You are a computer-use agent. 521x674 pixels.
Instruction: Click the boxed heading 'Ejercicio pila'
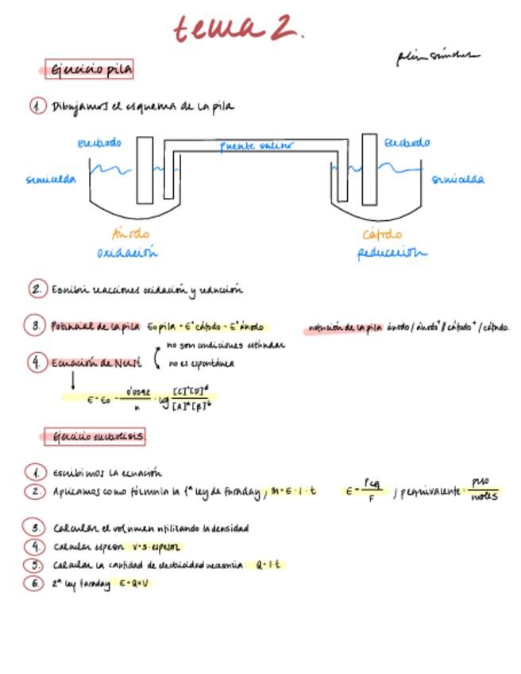(91, 70)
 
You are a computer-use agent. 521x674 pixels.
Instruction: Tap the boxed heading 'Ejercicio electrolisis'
(95, 436)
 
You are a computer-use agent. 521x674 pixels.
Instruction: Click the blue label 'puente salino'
(256, 146)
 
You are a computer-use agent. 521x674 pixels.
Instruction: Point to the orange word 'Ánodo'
(130, 234)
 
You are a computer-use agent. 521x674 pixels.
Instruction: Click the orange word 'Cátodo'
(382, 234)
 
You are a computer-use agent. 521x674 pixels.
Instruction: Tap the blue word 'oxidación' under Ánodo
(127, 253)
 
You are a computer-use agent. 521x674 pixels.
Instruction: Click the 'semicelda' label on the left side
(51, 180)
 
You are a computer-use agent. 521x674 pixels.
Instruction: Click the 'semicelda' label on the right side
(458, 180)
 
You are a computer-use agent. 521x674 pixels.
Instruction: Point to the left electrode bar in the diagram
(145, 170)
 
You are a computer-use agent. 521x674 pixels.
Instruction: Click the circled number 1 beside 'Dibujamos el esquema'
(37, 106)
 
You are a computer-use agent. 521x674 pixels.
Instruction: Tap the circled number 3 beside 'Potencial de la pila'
(37, 325)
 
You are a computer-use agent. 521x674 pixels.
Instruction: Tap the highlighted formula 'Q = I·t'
(270, 565)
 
